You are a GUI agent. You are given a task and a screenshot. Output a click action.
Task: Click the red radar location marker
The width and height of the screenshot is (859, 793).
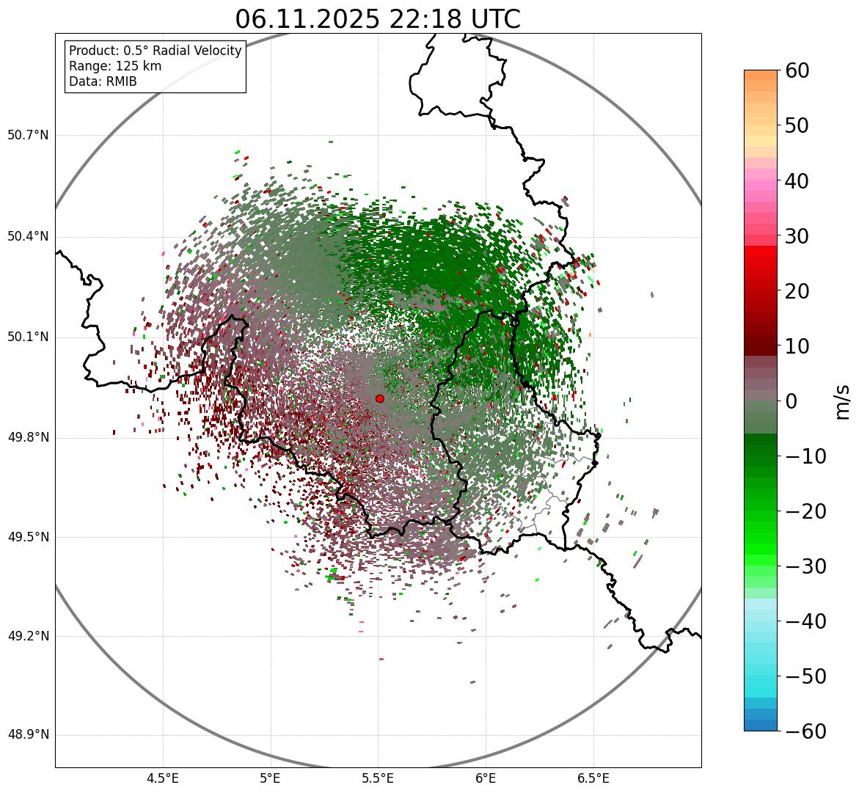tap(379, 398)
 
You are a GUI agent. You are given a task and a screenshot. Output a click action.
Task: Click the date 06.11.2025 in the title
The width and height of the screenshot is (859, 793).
tap(307, 20)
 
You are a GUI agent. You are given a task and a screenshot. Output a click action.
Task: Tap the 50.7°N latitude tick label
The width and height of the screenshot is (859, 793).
tap(28, 136)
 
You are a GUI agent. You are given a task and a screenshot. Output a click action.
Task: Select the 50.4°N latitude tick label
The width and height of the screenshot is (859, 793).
tap(28, 237)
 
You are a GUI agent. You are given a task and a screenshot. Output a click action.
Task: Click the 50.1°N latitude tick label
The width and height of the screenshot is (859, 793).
tap(28, 337)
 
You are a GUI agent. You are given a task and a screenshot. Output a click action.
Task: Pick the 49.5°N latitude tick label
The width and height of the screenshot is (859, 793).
tap(28, 538)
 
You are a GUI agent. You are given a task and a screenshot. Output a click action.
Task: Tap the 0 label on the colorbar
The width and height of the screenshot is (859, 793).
tap(792, 401)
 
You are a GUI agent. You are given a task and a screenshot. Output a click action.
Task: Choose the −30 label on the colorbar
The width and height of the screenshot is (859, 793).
tap(805, 566)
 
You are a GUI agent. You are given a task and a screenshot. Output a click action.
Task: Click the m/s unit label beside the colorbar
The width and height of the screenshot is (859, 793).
tap(842, 401)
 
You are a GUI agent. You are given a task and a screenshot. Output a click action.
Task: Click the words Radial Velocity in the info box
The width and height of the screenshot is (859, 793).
tap(197, 51)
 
